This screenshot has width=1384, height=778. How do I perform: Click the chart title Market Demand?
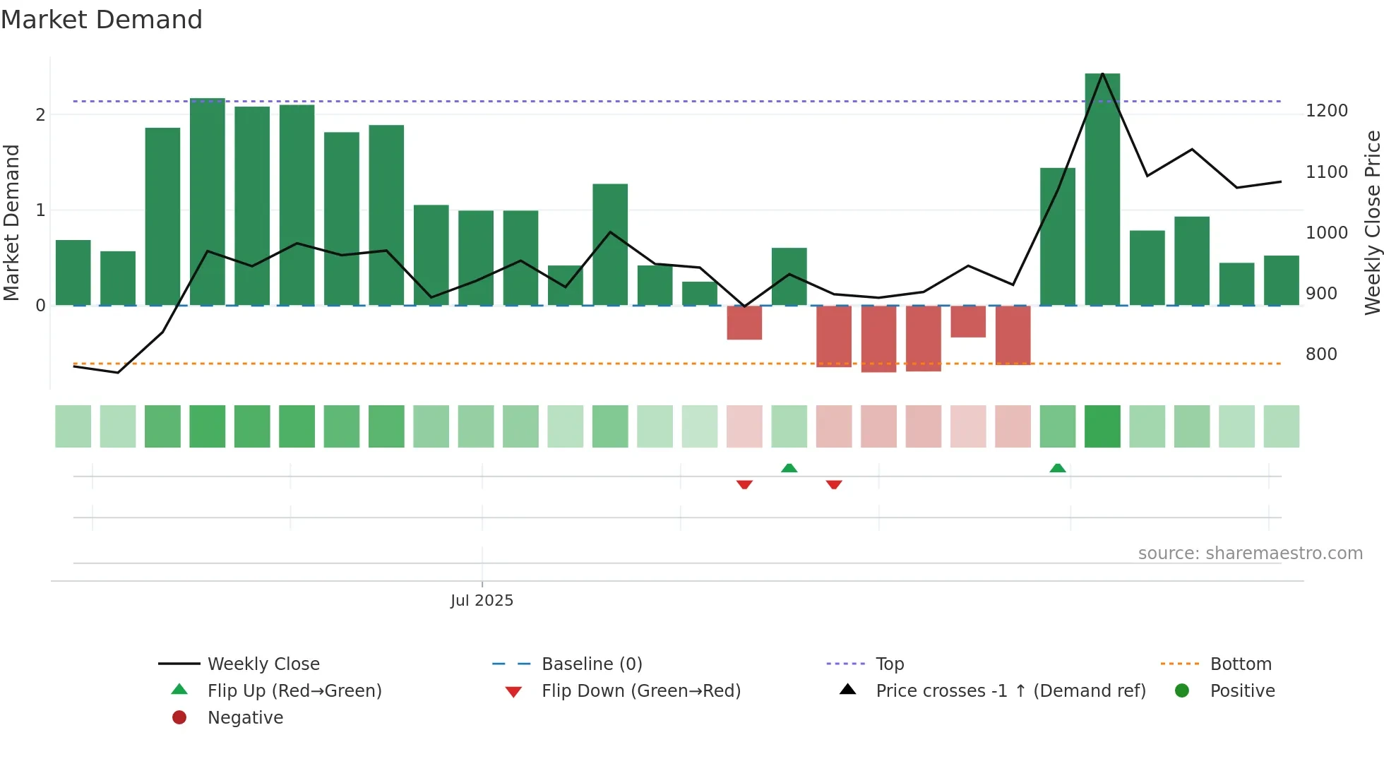[x=102, y=20]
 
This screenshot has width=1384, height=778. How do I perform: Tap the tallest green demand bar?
[x=1102, y=191]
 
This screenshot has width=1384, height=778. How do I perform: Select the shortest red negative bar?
[x=968, y=321]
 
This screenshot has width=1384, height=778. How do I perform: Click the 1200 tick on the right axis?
[x=1326, y=111]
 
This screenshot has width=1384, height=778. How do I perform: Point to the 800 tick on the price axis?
[x=1320, y=354]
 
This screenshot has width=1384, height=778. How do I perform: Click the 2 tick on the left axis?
[x=40, y=115]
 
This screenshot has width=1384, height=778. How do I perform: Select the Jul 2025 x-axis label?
[x=482, y=601]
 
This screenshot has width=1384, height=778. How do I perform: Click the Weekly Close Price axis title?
[x=1372, y=222]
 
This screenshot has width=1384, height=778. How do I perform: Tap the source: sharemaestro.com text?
[x=1250, y=553]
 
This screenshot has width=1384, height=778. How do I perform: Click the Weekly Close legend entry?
[x=263, y=664]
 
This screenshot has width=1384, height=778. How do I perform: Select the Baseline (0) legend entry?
[x=591, y=664]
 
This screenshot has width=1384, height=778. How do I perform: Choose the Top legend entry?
[x=889, y=664]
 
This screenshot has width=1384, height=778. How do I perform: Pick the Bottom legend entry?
[x=1240, y=664]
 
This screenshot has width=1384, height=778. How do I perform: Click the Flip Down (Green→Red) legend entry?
[x=640, y=691]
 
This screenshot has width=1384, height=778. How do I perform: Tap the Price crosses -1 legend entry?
[x=1010, y=691]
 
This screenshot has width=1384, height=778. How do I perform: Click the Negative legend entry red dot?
[x=179, y=718]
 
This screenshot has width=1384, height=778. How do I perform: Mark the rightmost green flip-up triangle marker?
[x=1057, y=468]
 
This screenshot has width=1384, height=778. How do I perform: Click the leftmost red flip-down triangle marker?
[x=744, y=484]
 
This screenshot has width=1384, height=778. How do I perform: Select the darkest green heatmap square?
[x=1102, y=426]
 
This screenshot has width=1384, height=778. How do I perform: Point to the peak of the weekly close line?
[x=1102, y=73]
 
